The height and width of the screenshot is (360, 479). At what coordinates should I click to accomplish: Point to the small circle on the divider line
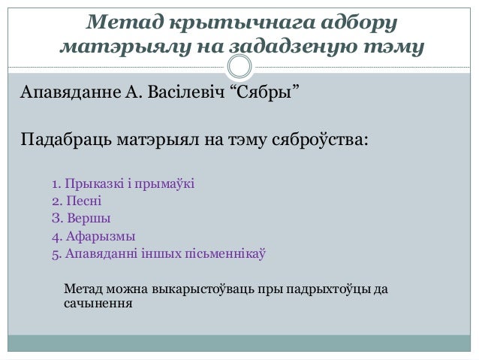(x=239, y=68)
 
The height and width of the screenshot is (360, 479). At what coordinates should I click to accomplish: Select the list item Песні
(x=83, y=201)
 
